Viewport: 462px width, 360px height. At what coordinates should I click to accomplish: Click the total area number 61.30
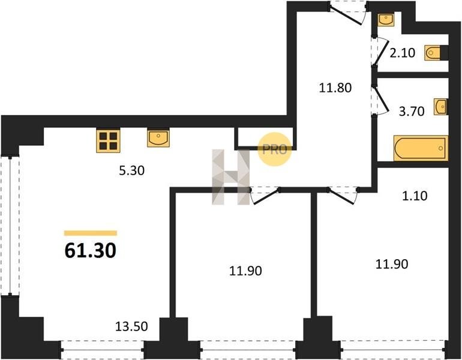tap(90, 251)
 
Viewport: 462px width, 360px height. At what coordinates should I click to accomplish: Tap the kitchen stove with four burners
tap(108, 140)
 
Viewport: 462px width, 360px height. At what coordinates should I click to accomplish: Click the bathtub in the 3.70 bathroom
tap(421, 148)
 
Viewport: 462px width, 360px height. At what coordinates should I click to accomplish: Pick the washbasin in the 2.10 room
tap(386, 19)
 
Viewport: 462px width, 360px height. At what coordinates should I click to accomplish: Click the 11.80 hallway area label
tap(335, 88)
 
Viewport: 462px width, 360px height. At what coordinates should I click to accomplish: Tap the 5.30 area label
tap(132, 170)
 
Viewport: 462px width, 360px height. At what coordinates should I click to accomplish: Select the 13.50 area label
tap(131, 326)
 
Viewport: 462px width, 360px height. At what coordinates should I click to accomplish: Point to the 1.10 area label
tap(415, 196)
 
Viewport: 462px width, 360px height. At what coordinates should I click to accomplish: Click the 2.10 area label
tap(402, 53)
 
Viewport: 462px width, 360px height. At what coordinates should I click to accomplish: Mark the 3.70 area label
tap(412, 112)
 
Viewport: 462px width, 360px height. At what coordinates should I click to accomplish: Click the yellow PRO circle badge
tap(275, 149)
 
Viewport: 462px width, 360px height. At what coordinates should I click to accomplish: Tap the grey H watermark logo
tap(231, 177)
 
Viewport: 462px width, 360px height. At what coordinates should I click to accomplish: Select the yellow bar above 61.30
tap(91, 233)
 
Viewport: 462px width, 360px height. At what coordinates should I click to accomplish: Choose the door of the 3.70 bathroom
tap(381, 100)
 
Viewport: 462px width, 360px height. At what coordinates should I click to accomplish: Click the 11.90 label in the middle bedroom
tap(245, 271)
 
